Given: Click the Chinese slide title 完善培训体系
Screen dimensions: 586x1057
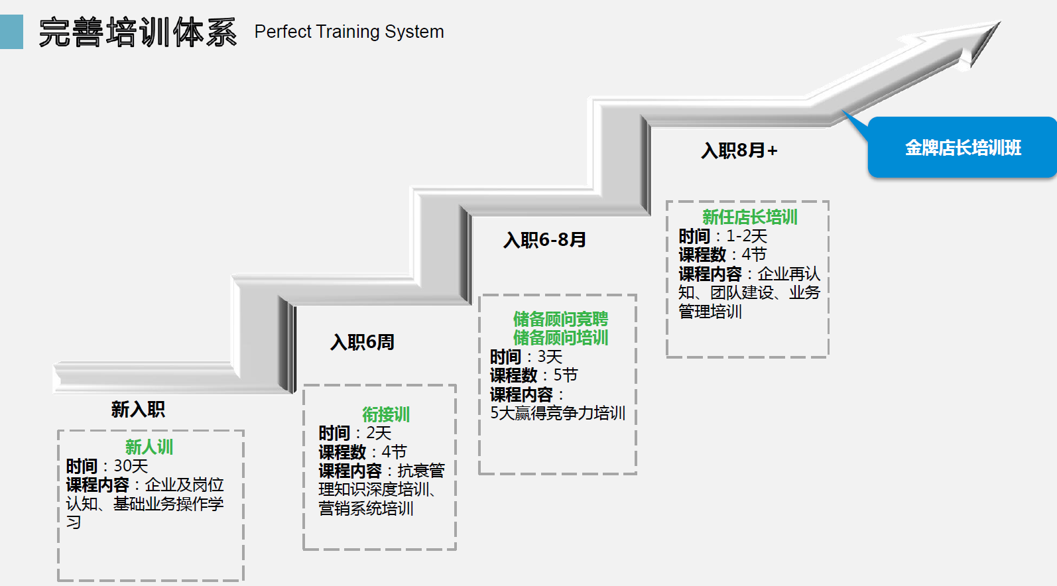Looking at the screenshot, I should click(137, 32).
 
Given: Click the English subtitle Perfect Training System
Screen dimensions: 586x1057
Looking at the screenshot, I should click(349, 32).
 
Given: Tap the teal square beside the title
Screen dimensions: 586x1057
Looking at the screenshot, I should click(11, 32).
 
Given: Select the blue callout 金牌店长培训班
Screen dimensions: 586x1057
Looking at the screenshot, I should click(962, 148).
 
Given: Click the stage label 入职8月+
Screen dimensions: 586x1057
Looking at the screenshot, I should click(739, 150).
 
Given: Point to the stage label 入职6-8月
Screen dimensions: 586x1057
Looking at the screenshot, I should click(544, 240).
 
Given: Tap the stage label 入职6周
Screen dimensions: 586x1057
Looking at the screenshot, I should click(362, 342).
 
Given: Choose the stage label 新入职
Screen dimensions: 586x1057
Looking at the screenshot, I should click(138, 410).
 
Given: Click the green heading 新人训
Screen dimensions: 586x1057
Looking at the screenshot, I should click(149, 447).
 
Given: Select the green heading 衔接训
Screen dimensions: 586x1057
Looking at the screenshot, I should click(386, 414).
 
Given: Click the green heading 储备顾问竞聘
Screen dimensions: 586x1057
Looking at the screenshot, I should click(560, 319).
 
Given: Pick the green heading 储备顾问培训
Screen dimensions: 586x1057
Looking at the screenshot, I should click(560, 337).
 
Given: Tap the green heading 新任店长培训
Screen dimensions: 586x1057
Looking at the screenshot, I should click(749, 217).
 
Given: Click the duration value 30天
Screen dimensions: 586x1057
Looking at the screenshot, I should click(131, 466).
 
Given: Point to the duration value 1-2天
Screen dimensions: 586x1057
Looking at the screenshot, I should click(747, 236).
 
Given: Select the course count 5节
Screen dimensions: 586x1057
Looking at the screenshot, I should click(566, 375).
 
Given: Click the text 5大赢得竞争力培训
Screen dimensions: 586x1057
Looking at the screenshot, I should click(558, 413).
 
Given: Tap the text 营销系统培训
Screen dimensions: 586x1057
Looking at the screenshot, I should click(366, 508).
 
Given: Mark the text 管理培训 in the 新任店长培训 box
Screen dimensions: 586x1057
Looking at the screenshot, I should click(710, 311).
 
